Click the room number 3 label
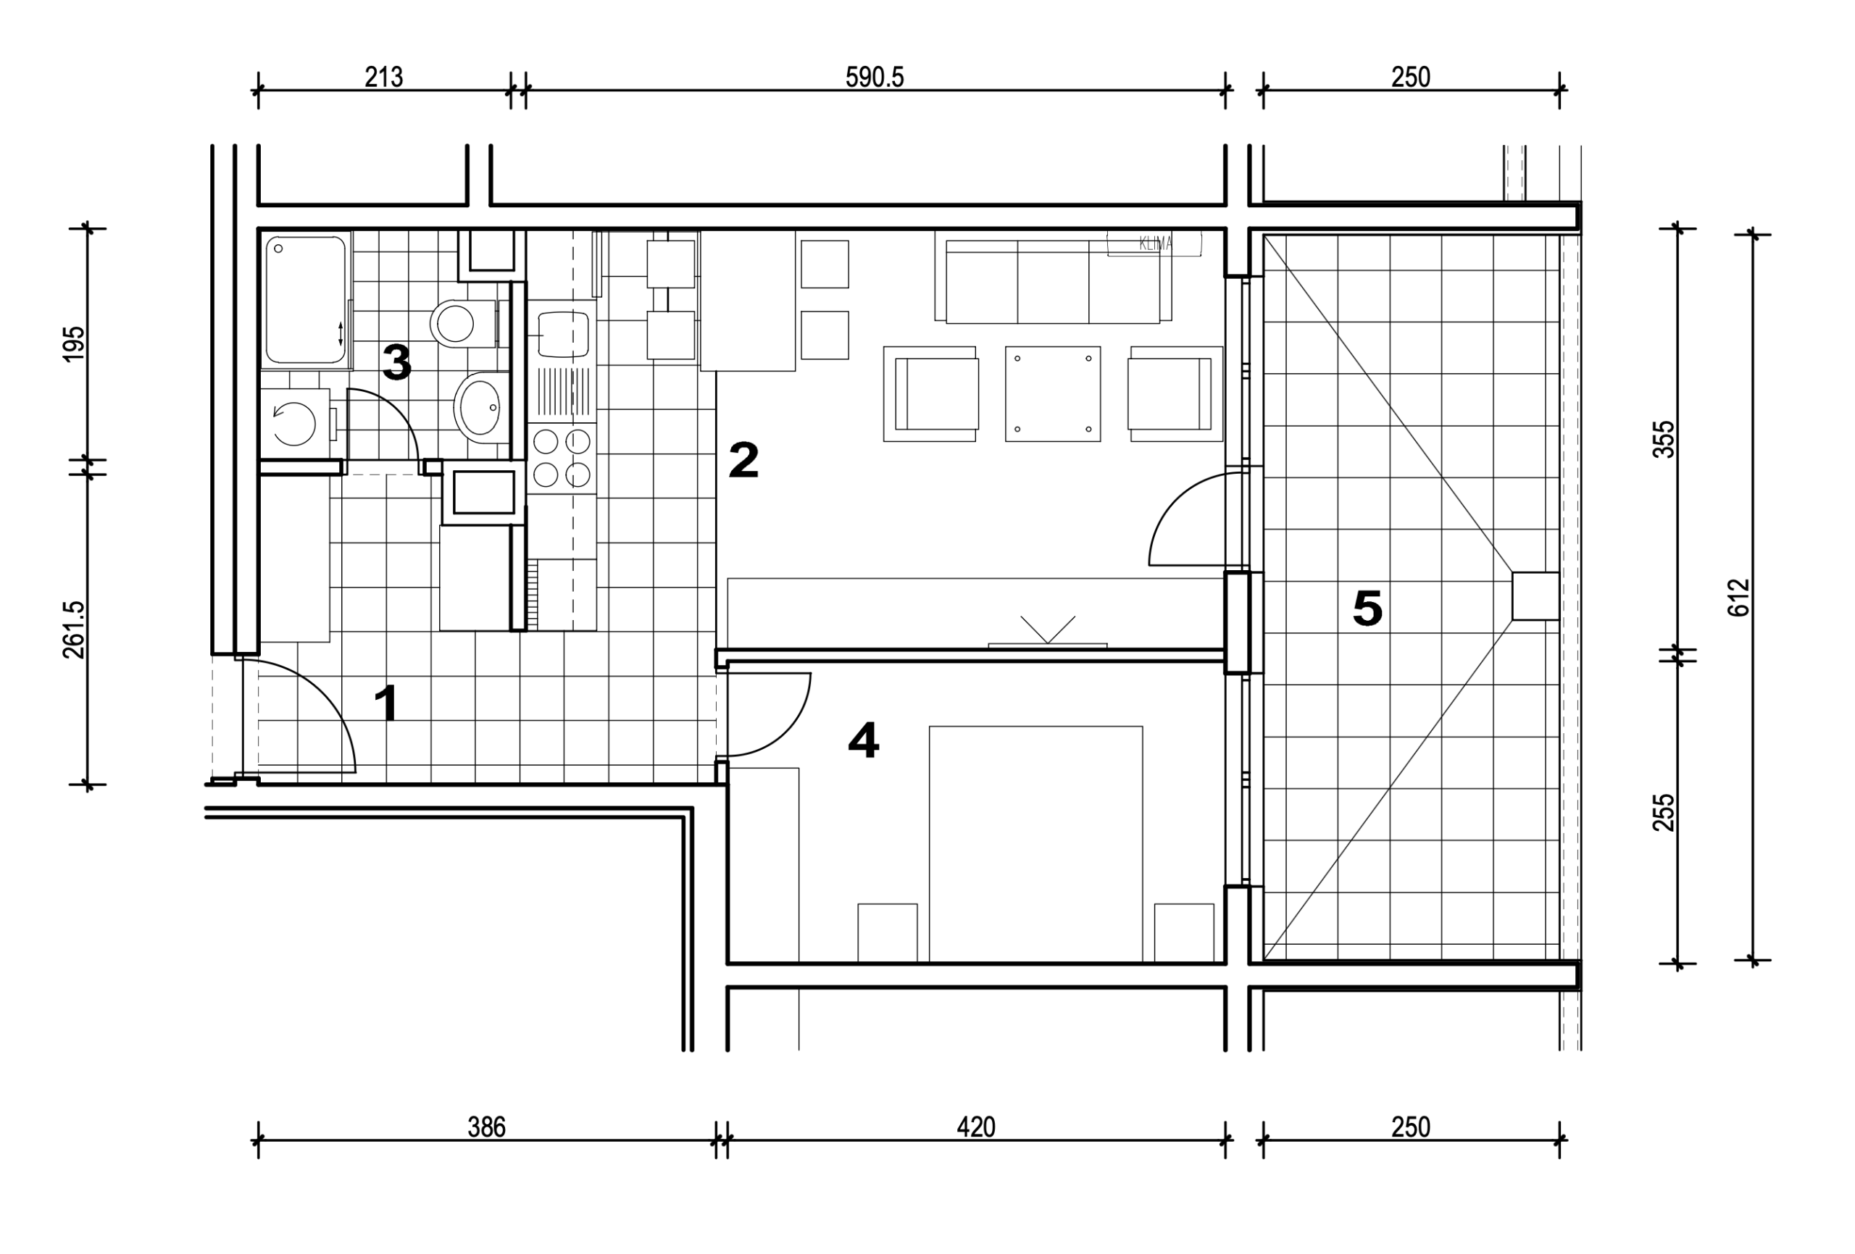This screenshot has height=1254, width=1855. (x=396, y=362)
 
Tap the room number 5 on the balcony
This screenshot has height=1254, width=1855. (x=1367, y=609)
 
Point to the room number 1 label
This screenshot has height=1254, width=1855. (x=387, y=703)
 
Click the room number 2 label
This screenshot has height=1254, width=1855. (x=743, y=461)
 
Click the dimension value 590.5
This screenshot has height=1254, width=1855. (x=874, y=78)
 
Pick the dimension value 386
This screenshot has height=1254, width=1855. (x=486, y=1127)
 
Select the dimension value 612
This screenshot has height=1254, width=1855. (x=1738, y=597)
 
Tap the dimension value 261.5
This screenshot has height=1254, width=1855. (x=73, y=630)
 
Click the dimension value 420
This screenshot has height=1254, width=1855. (x=975, y=1127)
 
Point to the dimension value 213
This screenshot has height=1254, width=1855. (x=384, y=78)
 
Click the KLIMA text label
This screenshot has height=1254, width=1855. (x=1155, y=244)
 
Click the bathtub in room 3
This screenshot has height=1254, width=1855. (x=306, y=300)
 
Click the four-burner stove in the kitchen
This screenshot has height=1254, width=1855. (x=562, y=457)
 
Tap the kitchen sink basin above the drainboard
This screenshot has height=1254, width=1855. (x=564, y=335)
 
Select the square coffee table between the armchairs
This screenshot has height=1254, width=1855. (x=1053, y=393)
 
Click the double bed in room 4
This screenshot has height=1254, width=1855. (x=1035, y=844)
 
